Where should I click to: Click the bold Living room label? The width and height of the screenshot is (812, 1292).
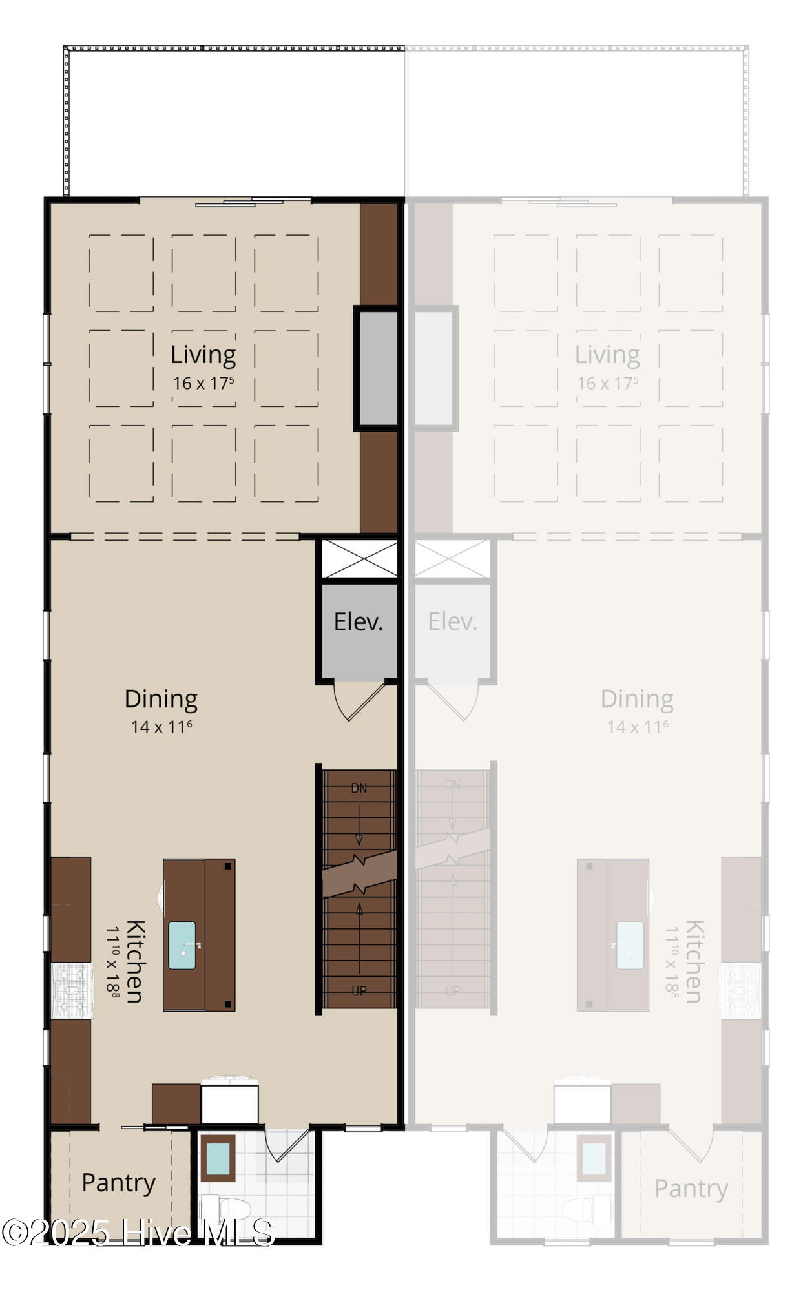(x=203, y=355)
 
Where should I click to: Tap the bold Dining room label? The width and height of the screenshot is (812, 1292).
(x=161, y=699)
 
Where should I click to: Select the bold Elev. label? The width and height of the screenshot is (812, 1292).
(x=359, y=621)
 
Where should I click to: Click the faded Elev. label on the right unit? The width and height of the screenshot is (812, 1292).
(x=452, y=621)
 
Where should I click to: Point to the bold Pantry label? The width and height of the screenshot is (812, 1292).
(x=118, y=1183)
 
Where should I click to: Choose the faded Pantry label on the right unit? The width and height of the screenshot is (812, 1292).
(x=691, y=1189)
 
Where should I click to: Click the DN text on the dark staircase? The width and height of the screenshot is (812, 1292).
(x=359, y=788)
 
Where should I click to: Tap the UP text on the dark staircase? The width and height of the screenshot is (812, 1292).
(x=359, y=991)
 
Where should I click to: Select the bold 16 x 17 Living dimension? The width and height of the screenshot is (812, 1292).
(x=203, y=383)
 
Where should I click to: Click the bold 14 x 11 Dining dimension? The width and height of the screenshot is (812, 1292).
(x=161, y=727)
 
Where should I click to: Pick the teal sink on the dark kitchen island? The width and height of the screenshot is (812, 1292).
(x=182, y=945)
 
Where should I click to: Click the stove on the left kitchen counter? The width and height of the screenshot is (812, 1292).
(x=72, y=990)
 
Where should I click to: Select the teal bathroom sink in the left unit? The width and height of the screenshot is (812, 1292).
(x=218, y=1158)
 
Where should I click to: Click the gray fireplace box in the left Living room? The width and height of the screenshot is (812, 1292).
(x=377, y=368)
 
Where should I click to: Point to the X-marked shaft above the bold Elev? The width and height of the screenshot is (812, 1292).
(x=360, y=559)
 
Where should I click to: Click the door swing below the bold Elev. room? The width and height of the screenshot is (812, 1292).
(x=359, y=701)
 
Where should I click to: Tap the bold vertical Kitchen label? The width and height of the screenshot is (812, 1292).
(x=135, y=961)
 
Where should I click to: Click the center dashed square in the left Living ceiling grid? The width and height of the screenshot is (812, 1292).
(x=203, y=368)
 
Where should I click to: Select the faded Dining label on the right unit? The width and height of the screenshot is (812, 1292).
(x=637, y=699)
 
